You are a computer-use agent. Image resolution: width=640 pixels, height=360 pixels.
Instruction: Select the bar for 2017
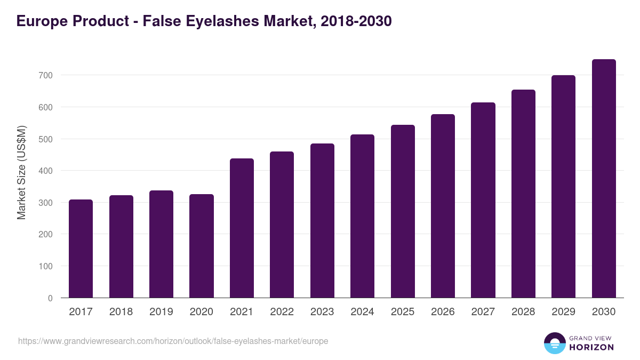click(81, 249)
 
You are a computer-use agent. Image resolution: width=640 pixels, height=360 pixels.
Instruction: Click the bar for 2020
click(202, 246)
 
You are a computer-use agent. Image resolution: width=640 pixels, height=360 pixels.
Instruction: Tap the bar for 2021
click(242, 228)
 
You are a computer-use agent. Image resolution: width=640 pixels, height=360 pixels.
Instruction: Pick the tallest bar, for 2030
click(604, 179)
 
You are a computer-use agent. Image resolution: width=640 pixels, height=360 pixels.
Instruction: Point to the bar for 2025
click(403, 211)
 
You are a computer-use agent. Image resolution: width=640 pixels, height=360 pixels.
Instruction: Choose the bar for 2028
click(523, 194)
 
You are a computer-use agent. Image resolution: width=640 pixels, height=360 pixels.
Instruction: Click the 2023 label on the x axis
click(322, 312)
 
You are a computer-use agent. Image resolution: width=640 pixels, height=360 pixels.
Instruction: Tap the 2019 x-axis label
click(161, 312)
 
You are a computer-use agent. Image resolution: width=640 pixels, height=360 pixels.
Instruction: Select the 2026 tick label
click(443, 312)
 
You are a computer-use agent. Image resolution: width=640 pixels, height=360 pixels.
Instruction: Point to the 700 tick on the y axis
click(45, 76)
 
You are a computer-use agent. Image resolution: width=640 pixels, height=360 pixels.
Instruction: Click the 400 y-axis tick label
click(45, 171)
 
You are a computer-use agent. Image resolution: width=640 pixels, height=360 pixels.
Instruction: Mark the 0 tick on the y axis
click(50, 298)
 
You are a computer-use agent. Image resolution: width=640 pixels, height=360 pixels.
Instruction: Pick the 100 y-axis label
click(45, 266)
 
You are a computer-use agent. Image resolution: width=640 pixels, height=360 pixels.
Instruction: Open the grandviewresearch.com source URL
click(173, 341)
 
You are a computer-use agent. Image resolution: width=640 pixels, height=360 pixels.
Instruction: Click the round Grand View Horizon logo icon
click(554, 343)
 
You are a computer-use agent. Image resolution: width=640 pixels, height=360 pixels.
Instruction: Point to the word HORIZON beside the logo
click(591, 347)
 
